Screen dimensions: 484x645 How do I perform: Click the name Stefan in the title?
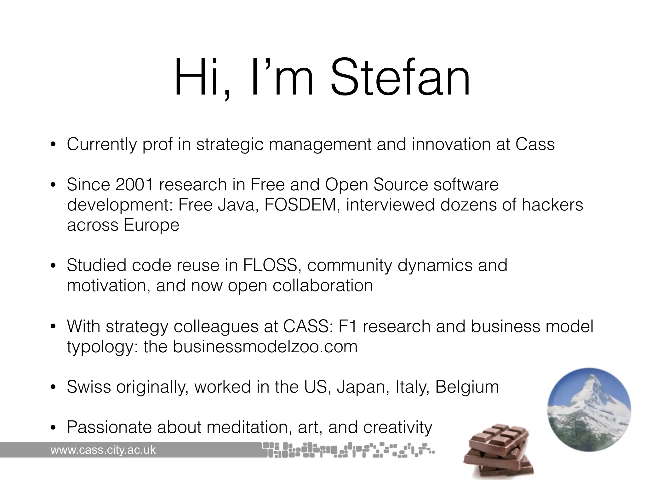pyautogui.click(x=400, y=77)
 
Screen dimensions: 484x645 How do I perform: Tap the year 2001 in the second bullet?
pyautogui.click(x=134, y=185)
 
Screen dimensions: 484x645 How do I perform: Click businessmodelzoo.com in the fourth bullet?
pyautogui.click(x=265, y=347)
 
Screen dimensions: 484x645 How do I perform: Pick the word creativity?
pyautogui.click(x=397, y=428)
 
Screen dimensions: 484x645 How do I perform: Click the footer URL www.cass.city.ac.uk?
pyautogui.click(x=103, y=450)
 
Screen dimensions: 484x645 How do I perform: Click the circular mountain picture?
pyautogui.click(x=589, y=409)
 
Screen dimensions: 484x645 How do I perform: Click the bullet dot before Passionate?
pyautogui.click(x=53, y=428)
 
